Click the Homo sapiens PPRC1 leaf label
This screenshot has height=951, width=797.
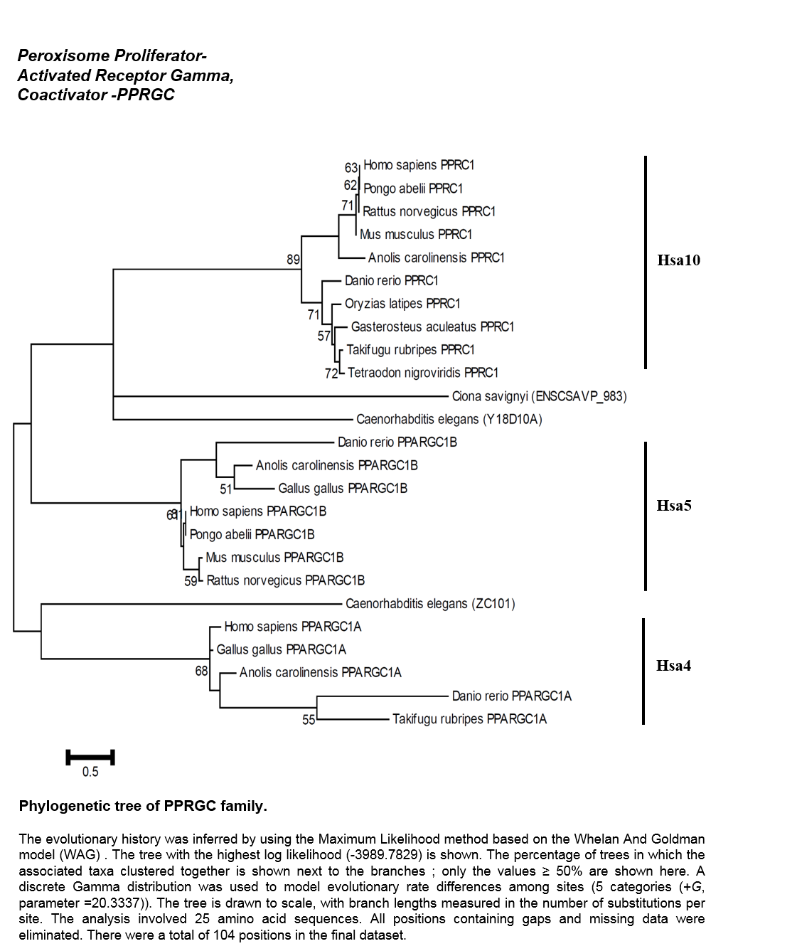pyautogui.click(x=419, y=165)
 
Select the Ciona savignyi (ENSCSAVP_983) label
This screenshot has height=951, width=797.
pyautogui.click(x=540, y=396)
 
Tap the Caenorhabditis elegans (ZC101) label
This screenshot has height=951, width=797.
pyautogui.click(x=430, y=604)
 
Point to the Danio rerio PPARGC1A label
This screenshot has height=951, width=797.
pyautogui.click(x=512, y=696)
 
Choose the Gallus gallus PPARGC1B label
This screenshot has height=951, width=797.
pyautogui.click(x=343, y=488)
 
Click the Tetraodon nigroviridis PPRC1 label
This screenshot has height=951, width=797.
pyautogui.click(x=423, y=373)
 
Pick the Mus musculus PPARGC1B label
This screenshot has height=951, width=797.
pyautogui.click(x=274, y=558)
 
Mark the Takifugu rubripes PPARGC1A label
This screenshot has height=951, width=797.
pyautogui.click(x=470, y=719)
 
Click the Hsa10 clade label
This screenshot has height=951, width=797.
pyautogui.click(x=679, y=260)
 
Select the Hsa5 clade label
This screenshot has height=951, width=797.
pyautogui.click(x=674, y=506)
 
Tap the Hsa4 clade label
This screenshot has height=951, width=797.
pyautogui.click(x=674, y=666)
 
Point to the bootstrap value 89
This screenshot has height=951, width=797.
pyautogui.click(x=293, y=260)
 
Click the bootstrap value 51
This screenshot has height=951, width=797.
pyautogui.click(x=226, y=489)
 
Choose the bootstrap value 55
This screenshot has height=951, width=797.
pyautogui.click(x=309, y=720)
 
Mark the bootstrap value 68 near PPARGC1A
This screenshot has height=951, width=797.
pyautogui.click(x=201, y=671)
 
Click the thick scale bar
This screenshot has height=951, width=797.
pyautogui.click(x=90, y=758)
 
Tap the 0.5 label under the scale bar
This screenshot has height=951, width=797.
pyautogui.click(x=90, y=772)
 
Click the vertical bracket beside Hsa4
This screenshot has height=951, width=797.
pyautogui.click(x=643, y=671)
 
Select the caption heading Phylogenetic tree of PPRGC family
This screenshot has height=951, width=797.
pyautogui.click(x=143, y=806)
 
